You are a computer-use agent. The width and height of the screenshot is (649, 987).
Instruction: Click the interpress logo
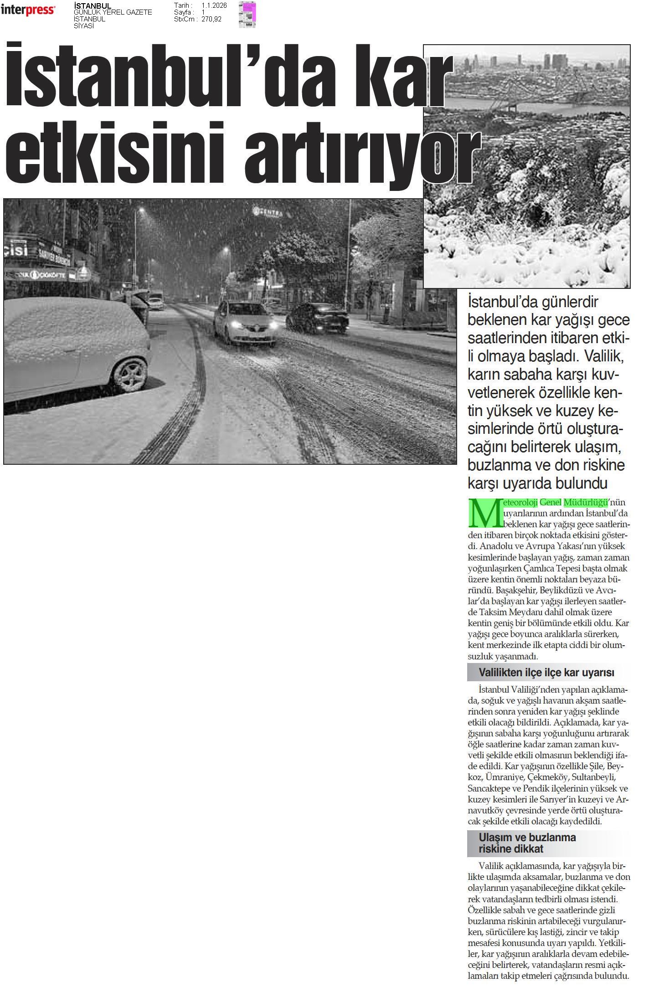tap(28, 10)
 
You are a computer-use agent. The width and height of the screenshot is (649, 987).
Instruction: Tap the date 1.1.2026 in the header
tap(214, 5)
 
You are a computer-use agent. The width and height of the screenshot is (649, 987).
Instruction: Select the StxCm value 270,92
tap(211, 19)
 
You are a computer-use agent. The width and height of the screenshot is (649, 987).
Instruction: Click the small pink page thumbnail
tap(247, 15)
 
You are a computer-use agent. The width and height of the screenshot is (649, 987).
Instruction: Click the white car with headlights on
tap(245, 322)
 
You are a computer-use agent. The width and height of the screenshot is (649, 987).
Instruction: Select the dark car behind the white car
tap(318, 317)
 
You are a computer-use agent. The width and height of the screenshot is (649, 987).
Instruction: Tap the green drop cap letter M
tap(481, 512)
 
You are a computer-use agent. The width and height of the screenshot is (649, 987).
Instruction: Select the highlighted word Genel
tap(551, 503)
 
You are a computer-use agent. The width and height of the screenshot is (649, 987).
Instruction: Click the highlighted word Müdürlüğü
tap(586, 503)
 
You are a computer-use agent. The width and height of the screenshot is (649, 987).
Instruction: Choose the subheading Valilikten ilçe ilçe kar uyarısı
tap(546, 673)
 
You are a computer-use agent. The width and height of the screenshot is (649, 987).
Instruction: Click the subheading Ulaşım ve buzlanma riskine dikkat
tap(527, 843)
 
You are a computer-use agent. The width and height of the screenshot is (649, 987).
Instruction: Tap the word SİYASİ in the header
tap(84, 26)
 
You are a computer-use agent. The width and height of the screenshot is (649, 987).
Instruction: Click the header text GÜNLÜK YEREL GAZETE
tap(113, 12)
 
